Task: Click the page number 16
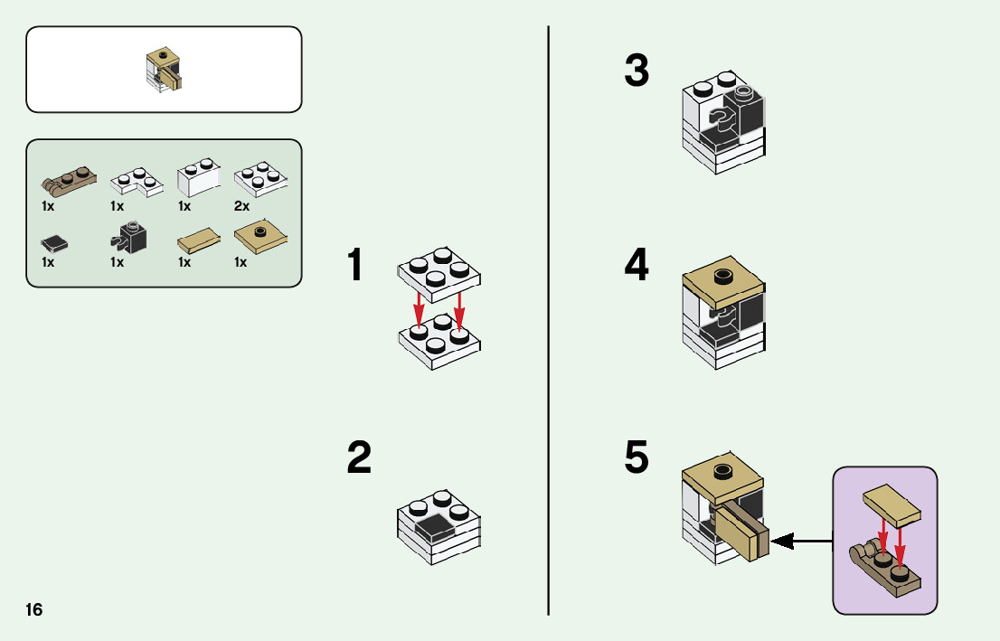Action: click(33, 609)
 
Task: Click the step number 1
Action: click(358, 266)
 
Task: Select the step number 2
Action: click(359, 458)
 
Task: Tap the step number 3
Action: click(637, 71)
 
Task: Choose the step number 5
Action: click(637, 458)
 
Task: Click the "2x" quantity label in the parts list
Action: click(241, 206)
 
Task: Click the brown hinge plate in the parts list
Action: click(67, 181)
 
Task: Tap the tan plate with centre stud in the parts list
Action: click(261, 236)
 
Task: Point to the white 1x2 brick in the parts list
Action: click(199, 178)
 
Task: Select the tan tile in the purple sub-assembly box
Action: click(891, 504)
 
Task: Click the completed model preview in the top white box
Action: click(164, 70)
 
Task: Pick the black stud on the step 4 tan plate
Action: click(723, 275)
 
